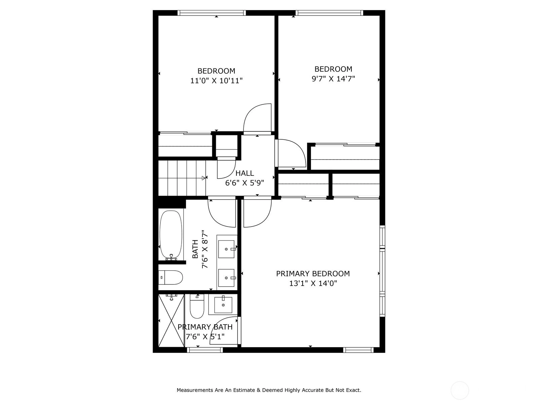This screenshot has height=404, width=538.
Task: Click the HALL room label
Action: click(244, 173)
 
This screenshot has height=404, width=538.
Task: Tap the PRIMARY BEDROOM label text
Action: click(313, 273)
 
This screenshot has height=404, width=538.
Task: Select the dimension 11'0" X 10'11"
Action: click(217, 81)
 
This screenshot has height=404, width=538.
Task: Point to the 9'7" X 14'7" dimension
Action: click(333, 79)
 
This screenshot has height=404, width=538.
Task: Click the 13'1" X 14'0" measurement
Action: click(313, 283)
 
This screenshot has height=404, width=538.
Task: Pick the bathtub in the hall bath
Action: click(171, 235)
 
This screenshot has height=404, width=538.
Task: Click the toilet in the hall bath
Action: click(170, 277)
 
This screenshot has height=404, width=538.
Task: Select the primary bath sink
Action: click(223, 305)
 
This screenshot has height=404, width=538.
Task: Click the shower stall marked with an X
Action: click(171, 321)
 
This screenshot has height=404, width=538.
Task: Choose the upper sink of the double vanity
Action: click(227, 249)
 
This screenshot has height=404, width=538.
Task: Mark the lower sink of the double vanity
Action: click(227, 278)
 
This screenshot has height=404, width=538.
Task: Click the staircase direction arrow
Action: click(203, 178)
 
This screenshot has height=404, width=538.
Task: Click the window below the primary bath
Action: click(205, 350)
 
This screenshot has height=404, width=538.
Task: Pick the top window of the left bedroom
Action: click(212, 13)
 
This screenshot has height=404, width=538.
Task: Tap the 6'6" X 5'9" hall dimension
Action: click(244, 183)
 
